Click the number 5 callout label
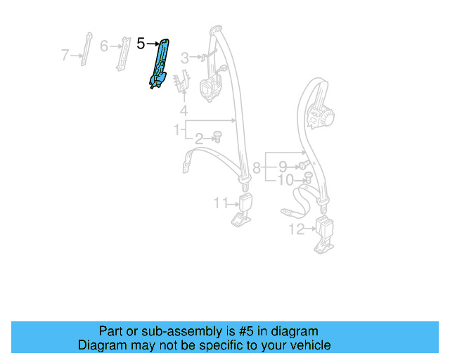pyautogui.click(x=141, y=44)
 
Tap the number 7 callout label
pyautogui.click(x=65, y=54)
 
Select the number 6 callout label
pyautogui.click(x=104, y=46)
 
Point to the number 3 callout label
pyautogui.click(x=185, y=57)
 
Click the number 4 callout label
pyautogui.click(x=184, y=110)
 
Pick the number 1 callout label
pyautogui.click(x=177, y=129)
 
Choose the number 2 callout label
pyautogui.click(x=199, y=138)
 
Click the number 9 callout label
pyautogui.click(x=282, y=167)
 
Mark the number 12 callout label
pyautogui.click(x=296, y=229)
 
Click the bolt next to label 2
pyautogui.click(x=217, y=136)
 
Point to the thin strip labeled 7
pyautogui.click(x=87, y=49)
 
